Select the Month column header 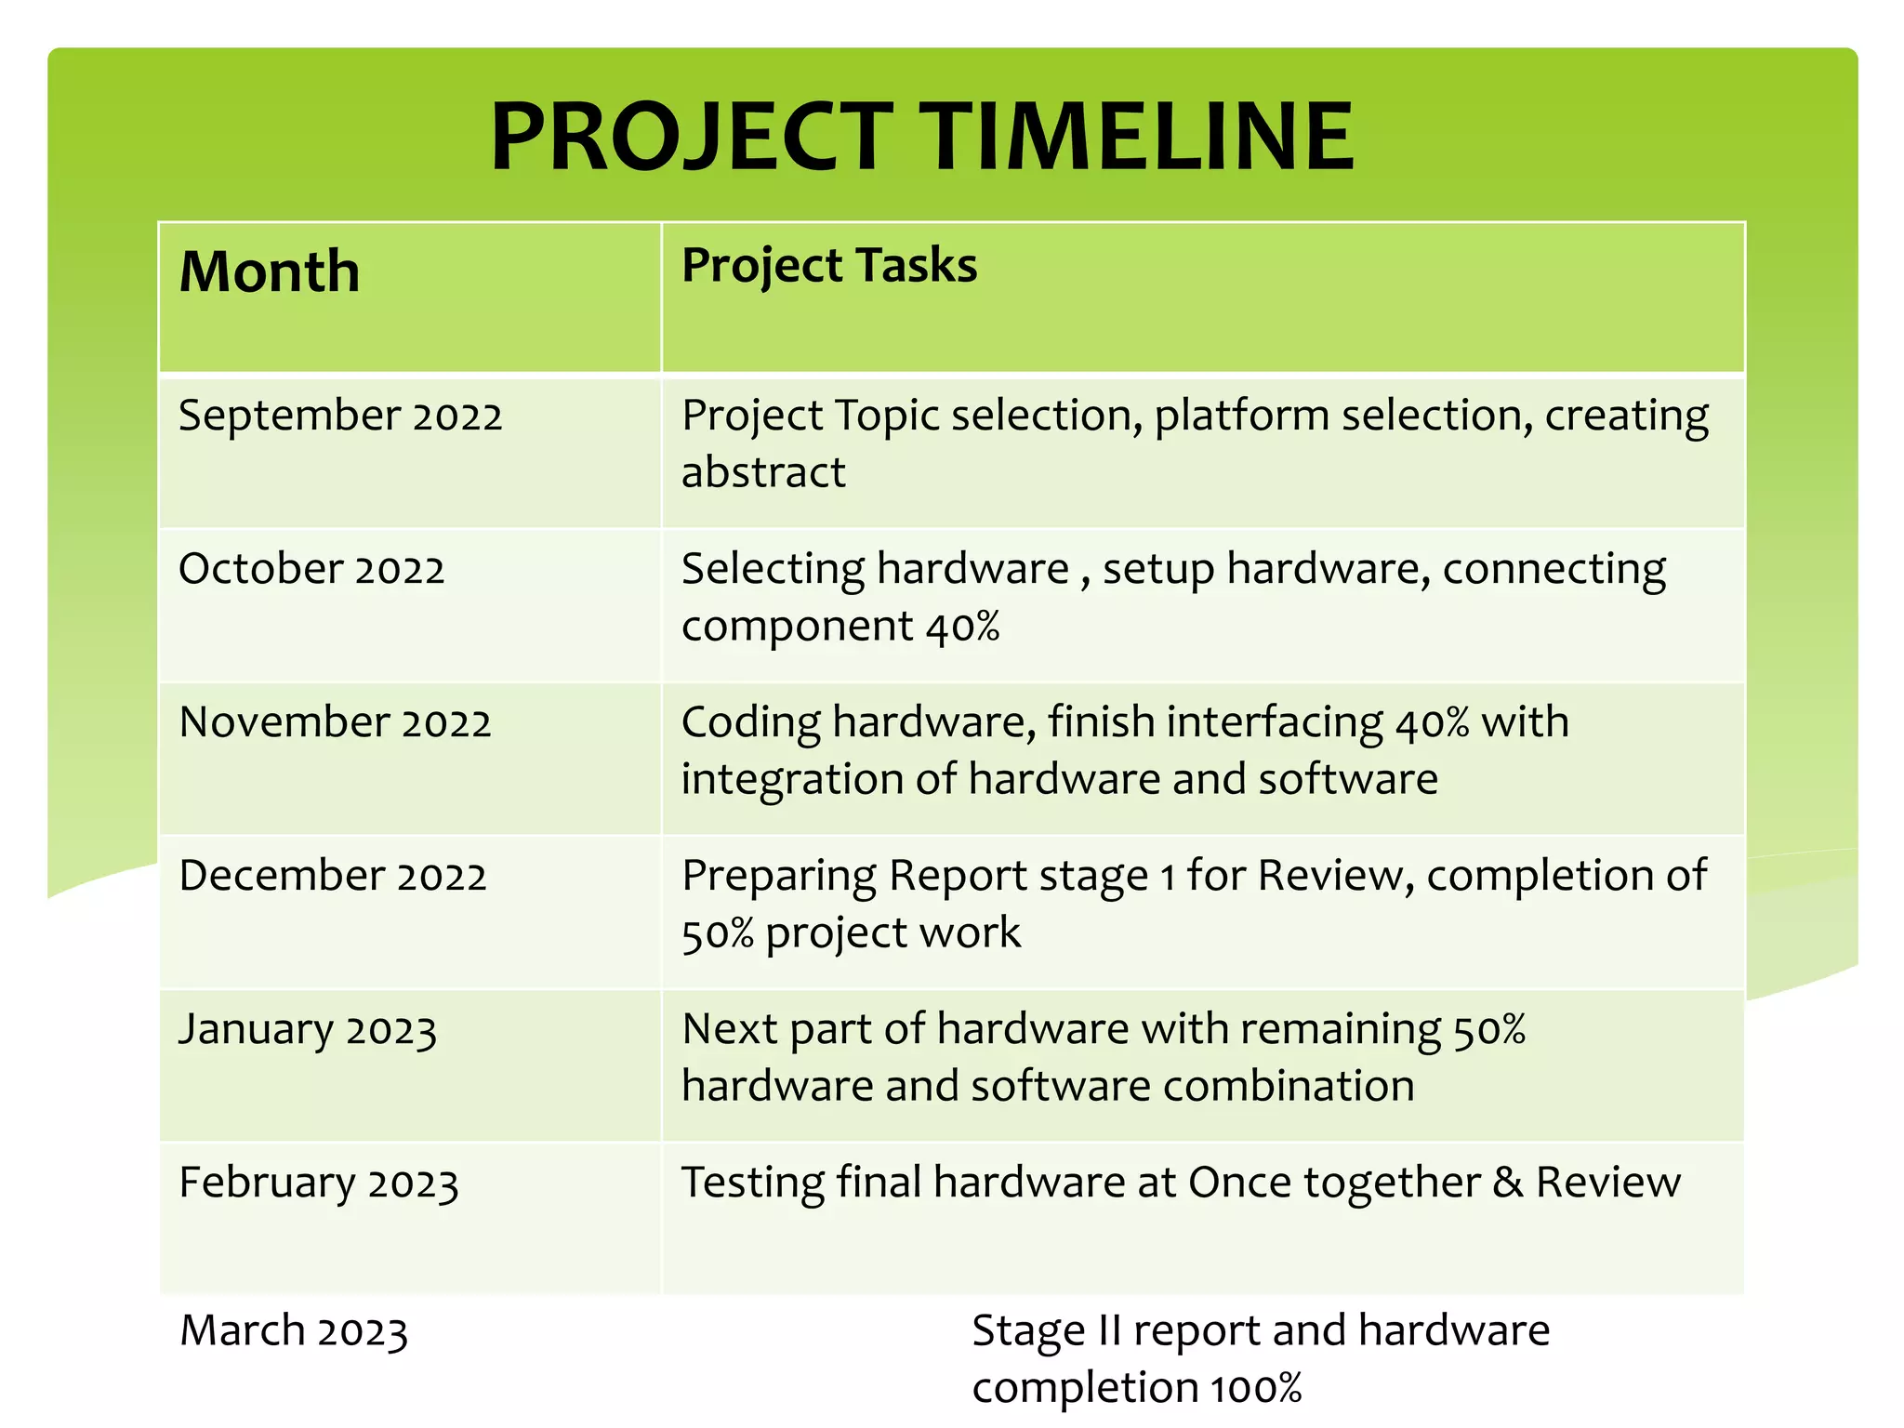click(270, 271)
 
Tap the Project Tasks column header click(829, 265)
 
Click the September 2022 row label click(340, 416)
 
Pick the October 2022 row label click(311, 569)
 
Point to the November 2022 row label click(335, 722)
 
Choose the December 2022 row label click(333, 876)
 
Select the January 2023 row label click(308, 1030)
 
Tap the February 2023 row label click(319, 1183)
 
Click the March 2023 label click(294, 1331)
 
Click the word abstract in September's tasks click(763, 472)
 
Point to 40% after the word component click(962, 626)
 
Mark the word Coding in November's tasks click(751, 723)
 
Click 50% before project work click(717, 932)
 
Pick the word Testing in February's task click(752, 1183)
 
